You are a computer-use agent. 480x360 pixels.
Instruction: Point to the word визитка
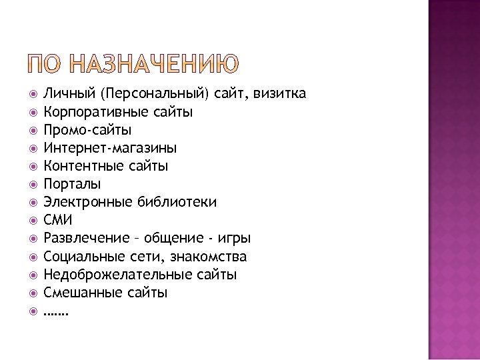(281, 94)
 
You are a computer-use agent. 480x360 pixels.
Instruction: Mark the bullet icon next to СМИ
(33, 220)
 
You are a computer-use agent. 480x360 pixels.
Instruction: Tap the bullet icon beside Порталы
(33, 184)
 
